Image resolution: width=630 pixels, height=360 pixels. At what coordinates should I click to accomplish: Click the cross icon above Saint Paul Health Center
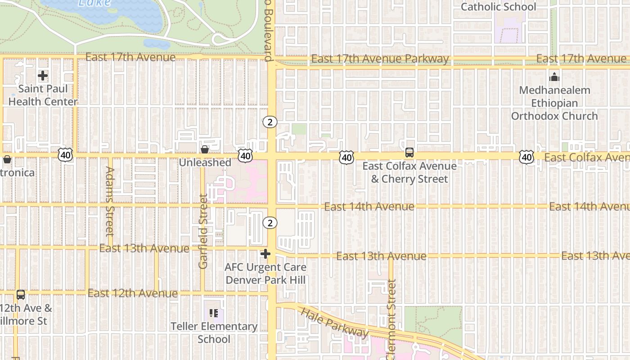point(43,76)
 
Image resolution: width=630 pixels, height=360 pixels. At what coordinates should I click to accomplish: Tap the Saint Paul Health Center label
point(43,95)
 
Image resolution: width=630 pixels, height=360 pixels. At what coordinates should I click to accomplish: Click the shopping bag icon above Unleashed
point(205,149)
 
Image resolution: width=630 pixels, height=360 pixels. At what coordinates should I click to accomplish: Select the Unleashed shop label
point(205,162)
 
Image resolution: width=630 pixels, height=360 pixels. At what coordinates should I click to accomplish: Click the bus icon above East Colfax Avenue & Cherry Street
point(409,153)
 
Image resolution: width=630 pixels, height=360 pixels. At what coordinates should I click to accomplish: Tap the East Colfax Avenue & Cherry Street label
point(409,172)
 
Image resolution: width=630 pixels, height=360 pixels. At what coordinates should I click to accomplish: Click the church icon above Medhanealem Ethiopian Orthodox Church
point(554,77)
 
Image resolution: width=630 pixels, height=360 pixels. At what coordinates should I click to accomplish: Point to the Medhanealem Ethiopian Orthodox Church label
point(554,103)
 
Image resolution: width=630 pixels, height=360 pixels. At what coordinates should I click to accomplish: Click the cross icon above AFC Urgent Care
point(265,254)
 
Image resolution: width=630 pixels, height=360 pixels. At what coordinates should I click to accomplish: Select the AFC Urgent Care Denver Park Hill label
point(265,274)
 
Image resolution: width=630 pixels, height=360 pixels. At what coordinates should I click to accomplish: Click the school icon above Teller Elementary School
point(214,313)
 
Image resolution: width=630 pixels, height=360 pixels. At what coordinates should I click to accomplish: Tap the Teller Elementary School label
point(214,333)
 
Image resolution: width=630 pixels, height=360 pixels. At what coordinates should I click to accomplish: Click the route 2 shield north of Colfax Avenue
point(270,122)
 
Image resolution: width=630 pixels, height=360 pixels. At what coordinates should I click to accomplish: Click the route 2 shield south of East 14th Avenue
point(270,223)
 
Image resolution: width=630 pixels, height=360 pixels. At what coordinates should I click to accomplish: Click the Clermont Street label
point(391,319)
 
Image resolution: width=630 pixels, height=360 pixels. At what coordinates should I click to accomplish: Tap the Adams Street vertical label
point(110,201)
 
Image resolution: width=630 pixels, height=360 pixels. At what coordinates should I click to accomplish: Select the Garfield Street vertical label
point(203,231)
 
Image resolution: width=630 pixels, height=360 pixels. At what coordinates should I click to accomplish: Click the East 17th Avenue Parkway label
point(380,59)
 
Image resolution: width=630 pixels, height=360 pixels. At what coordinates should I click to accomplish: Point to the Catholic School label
point(499,7)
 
